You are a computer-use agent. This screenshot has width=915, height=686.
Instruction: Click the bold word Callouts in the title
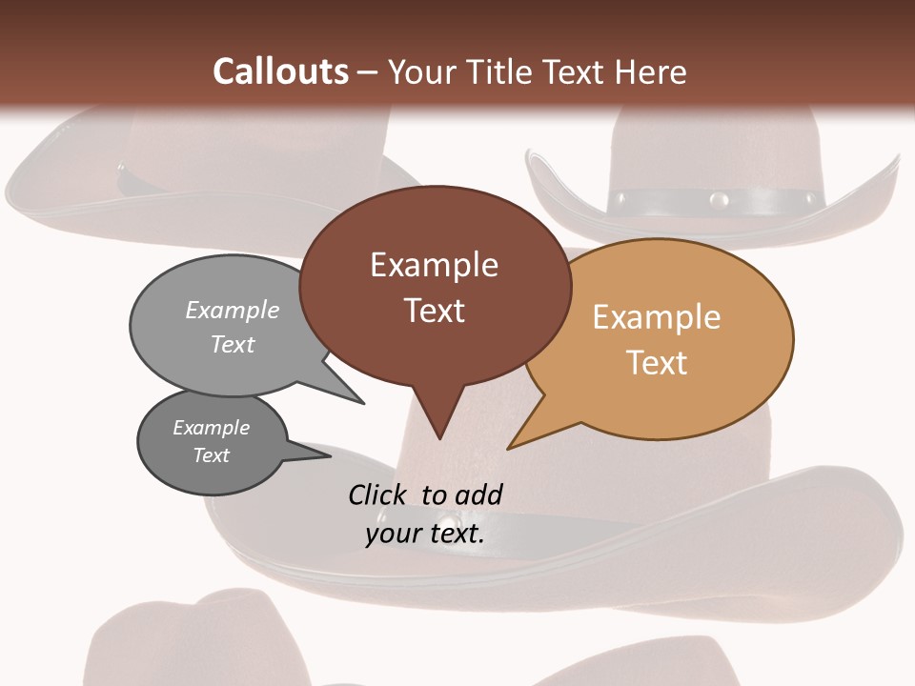click(280, 71)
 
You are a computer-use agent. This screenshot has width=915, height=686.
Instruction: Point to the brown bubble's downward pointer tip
click(439, 437)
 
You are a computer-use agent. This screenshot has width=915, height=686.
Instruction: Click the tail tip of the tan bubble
click(509, 447)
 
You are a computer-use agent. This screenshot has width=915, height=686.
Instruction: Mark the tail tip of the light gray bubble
click(363, 402)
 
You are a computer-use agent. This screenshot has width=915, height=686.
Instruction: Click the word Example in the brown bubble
click(435, 265)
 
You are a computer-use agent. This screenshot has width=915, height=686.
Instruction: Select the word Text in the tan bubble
click(657, 363)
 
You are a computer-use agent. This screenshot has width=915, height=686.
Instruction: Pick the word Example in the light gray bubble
click(233, 311)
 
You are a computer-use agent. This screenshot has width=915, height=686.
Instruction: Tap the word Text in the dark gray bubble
click(212, 455)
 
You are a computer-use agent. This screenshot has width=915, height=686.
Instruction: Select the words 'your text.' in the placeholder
click(425, 534)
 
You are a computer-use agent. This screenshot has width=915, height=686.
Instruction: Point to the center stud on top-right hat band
click(720, 200)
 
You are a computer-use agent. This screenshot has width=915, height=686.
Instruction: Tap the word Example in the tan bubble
click(657, 317)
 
